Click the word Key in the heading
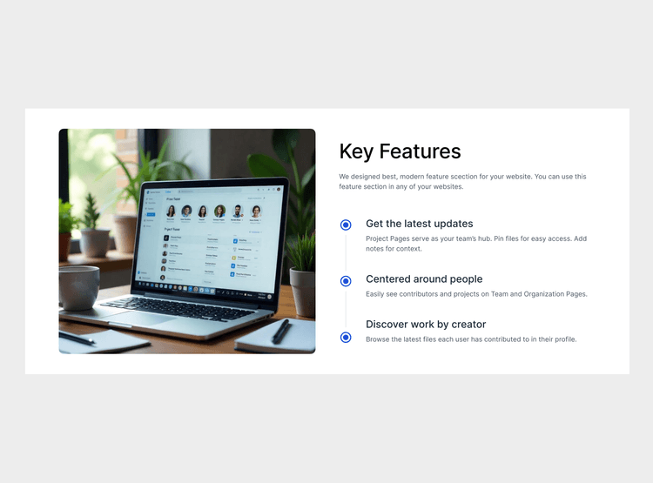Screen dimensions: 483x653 (355, 151)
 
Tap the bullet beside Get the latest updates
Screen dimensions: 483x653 (346, 225)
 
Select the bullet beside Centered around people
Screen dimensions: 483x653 (346, 281)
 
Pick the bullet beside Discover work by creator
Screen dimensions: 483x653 (346, 337)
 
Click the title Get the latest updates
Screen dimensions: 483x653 (419, 224)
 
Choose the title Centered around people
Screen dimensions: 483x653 (423, 279)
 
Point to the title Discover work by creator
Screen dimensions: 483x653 (426, 325)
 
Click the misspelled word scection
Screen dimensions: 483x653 (462, 177)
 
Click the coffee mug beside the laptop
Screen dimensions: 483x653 (78, 287)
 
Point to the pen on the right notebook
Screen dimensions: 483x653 (280, 331)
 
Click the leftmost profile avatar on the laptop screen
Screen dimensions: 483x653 (171, 211)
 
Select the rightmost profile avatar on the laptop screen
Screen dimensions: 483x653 (256, 211)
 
